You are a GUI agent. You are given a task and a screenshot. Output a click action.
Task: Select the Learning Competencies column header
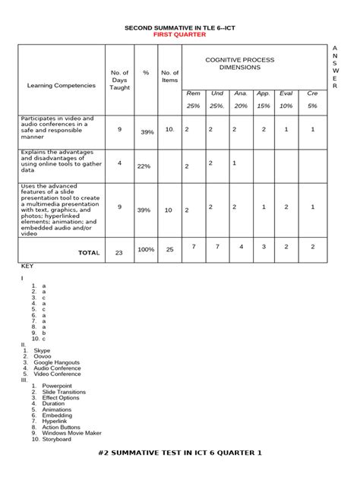(x=62, y=86)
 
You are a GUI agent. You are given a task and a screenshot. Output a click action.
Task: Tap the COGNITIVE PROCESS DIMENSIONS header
(x=239, y=64)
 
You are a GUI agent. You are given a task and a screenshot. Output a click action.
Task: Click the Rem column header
(x=194, y=93)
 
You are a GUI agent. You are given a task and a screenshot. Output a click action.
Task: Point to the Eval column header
(x=286, y=93)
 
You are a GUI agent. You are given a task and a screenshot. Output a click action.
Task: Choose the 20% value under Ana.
(x=241, y=106)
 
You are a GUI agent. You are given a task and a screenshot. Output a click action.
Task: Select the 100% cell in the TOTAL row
(x=145, y=249)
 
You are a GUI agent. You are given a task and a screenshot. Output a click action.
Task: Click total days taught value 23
(x=118, y=253)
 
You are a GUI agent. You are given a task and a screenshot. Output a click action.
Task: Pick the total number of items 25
(x=169, y=249)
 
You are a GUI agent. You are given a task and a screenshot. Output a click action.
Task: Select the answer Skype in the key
(x=42, y=350)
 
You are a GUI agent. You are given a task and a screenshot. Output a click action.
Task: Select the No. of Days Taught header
(x=119, y=80)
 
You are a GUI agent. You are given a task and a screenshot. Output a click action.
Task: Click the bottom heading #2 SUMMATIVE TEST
(x=180, y=453)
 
